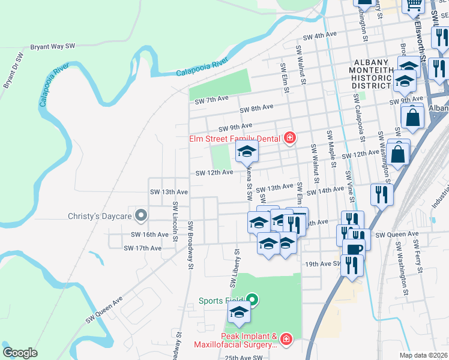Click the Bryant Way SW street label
pos(52,46)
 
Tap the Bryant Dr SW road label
pos(13,71)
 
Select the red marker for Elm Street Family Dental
pos(290,139)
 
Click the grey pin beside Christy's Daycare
pos(141,215)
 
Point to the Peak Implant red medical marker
pos(285,340)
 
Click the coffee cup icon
pos(354,247)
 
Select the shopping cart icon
pos(413,5)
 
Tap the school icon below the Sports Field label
pos(239,313)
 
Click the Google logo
pos(20,353)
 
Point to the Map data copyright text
pos(423,355)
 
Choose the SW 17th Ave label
pos(142,248)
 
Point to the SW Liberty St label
pos(233,267)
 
